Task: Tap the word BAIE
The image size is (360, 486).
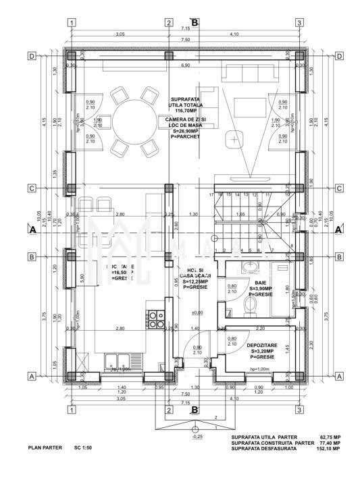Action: pos(261,284)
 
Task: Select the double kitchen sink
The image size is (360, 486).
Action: pos(119,359)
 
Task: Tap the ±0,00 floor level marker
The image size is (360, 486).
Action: pos(197,313)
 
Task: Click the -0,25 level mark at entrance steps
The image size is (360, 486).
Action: pos(197,437)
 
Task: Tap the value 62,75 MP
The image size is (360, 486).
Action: pos(327,437)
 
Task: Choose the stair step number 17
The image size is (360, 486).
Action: pos(211,194)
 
